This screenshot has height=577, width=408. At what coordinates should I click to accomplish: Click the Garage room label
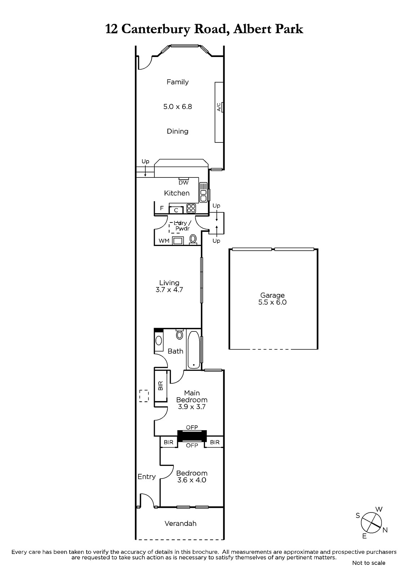pyautogui.click(x=272, y=295)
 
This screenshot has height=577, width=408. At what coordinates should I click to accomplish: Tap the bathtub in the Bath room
pyautogui.click(x=193, y=350)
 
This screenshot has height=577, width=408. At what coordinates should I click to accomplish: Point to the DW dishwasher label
pyautogui.click(x=184, y=182)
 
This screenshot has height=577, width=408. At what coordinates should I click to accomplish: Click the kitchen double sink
pyautogui.click(x=203, y=192)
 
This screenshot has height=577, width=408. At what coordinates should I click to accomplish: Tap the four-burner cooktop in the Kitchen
pyautogui.click(x=191, y=208)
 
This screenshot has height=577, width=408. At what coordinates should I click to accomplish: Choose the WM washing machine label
pyautogui.click(x=164, y=241)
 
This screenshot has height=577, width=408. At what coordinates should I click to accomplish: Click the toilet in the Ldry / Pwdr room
pyautogui.click(x=193, y=239)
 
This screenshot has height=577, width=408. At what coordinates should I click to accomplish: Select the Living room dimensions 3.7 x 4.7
pyautogui.click(x=169, y=290)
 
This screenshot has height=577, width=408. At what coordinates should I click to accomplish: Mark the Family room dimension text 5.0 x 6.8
pyautogui.click(x=177, y=107)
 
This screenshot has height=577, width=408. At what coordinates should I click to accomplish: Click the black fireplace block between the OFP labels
pyautogui.click(x=192, y=436)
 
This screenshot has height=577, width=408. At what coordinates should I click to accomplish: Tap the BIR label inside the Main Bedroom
pyautogui.click(x=161, y=386)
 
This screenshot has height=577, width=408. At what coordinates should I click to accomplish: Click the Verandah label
pyautogui.click(x=180, y=523)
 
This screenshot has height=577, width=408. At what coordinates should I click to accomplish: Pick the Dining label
pyautogui.click(x=177, y=131)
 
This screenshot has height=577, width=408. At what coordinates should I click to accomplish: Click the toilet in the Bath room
pyautogui.click(x=179, y=334)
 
